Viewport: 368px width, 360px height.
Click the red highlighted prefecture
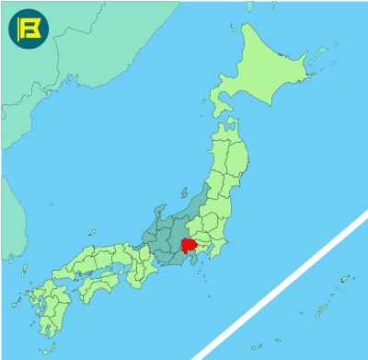coord(190,246)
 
